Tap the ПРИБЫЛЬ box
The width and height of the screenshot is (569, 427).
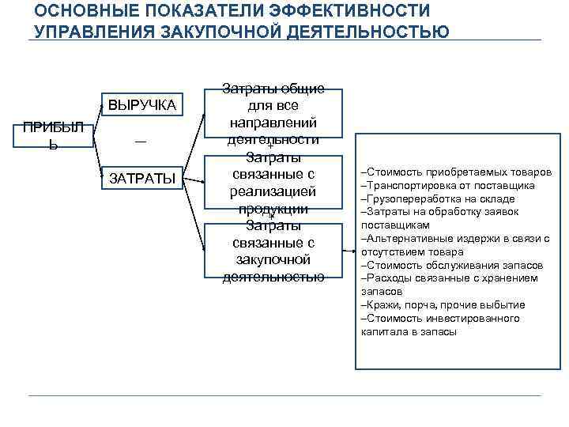(x=53, y=137)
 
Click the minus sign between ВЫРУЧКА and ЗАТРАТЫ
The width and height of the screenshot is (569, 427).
(x=140, y=141)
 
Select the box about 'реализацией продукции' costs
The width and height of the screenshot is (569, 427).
(x=273, y=183)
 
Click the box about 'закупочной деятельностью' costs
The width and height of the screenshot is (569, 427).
(x=273, y=251)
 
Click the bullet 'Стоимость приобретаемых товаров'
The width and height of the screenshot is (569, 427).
(x=454, y=172)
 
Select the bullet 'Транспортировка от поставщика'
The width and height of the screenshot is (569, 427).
(x=447, y=185)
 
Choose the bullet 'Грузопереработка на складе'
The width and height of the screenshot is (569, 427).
(x=437, y=198)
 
